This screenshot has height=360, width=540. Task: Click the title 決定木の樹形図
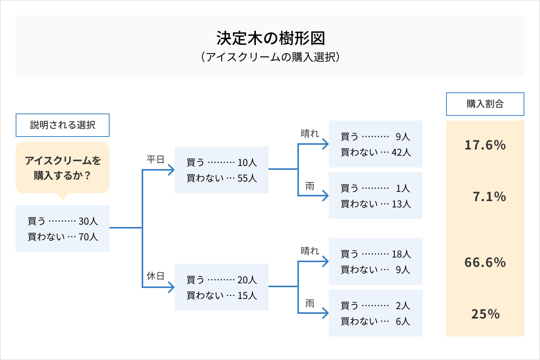[x=271, y=38]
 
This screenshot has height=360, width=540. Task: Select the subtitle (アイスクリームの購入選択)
[x=270, y=57]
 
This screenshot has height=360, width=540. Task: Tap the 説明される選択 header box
[x=63, y=125]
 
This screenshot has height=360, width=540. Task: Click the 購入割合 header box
[x=485, y=104]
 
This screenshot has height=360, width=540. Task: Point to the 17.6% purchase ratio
[x=485, y=145]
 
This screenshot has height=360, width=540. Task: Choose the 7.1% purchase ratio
[x=489, y=196]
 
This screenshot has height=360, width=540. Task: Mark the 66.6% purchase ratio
[x=485, y=262]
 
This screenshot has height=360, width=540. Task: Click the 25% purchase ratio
[x=485, y=314]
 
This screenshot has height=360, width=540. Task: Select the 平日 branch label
[x=155, y=159]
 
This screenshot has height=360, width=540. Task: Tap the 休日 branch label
[x=155, y=276]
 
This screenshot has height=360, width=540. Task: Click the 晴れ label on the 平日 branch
[x=310, y=133]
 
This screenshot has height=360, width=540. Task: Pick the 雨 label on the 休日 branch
[x=310, y=304]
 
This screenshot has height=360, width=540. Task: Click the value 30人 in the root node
[x=88, y=221]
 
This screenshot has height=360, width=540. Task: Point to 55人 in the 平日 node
[x=247, y=178]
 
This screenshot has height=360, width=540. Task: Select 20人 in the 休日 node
[x=247, y=280]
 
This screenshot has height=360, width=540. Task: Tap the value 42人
[x=401, y=152]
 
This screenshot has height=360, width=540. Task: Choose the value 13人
[x=401, y=204]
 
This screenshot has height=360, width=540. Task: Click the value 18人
[x=401, y=254]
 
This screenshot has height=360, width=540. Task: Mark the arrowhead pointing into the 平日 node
[x=171, y=170]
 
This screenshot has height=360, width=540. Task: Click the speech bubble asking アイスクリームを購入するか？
[x=63, y=167]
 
